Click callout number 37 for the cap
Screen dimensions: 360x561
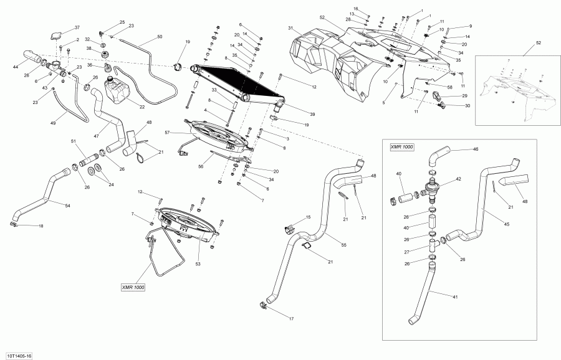pos(77,27)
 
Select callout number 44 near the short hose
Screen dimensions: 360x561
pos(15,66)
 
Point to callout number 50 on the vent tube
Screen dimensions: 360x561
pos(160,37)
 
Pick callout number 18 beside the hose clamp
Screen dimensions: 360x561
pos(41,226)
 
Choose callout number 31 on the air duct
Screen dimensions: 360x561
pos(290,29)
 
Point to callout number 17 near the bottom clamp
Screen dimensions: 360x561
pos(290,319)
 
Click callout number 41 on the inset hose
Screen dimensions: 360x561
pos(455,296)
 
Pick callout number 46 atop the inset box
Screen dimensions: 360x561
pos(476,149)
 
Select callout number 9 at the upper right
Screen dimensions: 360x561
pos(470,26)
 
